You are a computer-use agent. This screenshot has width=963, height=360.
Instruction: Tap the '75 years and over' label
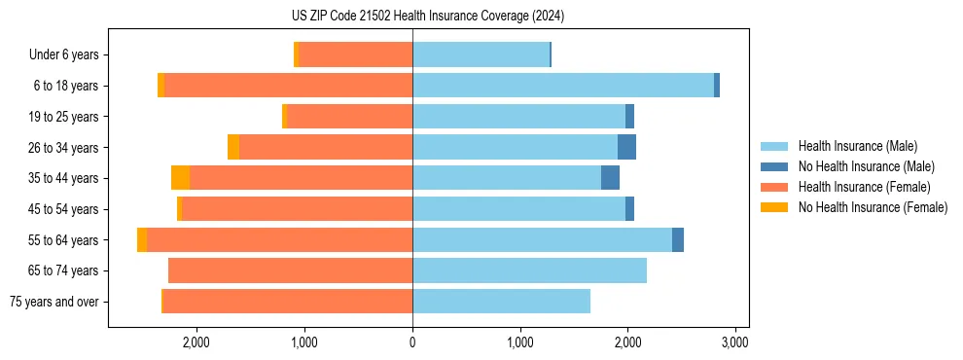[53, 302]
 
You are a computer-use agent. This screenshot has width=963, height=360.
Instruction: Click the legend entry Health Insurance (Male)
[857, 146]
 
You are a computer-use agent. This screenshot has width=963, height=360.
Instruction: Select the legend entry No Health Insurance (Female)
[873, 207]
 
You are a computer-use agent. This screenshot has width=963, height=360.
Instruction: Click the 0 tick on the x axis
[412, 342]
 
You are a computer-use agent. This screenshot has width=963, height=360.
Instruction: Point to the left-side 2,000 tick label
[196, 342]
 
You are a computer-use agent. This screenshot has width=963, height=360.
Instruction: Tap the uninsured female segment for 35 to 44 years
[180, 178]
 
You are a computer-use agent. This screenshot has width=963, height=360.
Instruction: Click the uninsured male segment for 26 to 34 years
[626, 147]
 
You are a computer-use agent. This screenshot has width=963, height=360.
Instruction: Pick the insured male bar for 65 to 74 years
[529, 270]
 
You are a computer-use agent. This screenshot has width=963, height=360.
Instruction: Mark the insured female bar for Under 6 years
[356, 54]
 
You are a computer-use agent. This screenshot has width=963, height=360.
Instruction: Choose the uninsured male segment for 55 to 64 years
[678, 239]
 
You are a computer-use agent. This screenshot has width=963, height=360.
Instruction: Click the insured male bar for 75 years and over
[501, 302]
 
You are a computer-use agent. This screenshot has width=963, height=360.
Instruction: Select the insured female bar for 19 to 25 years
[349, 117]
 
